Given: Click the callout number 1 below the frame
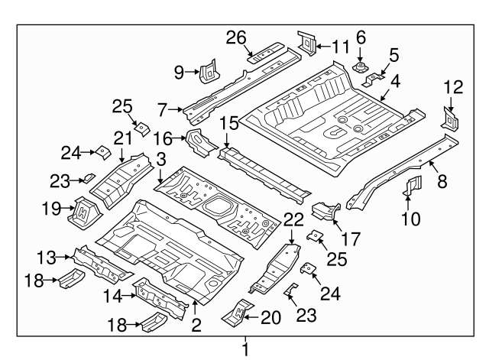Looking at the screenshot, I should tap(245, 350).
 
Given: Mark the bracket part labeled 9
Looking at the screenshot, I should tap(207, 70).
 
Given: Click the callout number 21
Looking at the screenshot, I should tap(123, 138).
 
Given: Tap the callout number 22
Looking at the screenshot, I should tap(292, 219).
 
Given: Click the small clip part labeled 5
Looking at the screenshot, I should tap(372, 79).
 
